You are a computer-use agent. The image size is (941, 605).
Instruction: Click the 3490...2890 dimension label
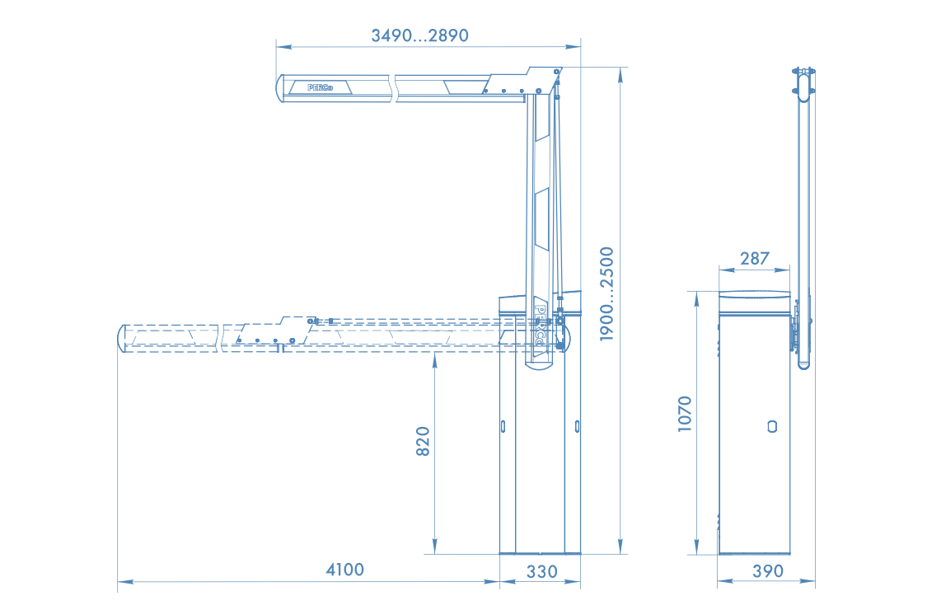(419, 35)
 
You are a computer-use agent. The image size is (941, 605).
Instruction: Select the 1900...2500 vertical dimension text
(607, 294)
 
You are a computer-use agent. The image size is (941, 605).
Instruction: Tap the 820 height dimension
(423, 441)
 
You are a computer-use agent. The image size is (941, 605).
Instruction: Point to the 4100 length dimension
(344, 569)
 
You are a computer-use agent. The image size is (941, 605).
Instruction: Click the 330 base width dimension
(542, 571)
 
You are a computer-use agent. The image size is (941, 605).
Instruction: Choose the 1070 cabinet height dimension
(685, 414)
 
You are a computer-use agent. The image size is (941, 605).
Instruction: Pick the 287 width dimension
(754, 258)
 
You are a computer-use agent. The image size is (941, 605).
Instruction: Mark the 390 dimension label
(768, 570)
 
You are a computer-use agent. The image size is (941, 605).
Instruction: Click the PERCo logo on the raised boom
(320, 87)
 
